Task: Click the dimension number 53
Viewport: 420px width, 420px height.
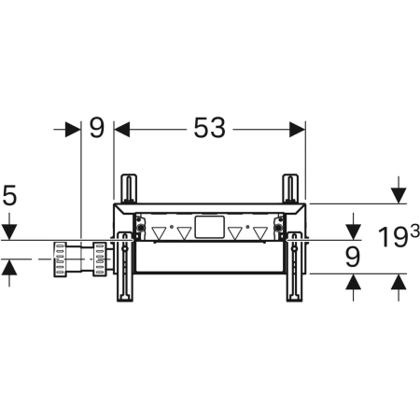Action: (209, 128)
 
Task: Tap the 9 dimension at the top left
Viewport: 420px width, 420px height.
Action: (97, 128)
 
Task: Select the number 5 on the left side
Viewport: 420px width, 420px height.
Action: (9, 195)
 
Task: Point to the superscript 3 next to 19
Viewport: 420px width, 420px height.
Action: (415, 231)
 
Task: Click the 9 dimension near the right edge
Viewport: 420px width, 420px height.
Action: (353, 257)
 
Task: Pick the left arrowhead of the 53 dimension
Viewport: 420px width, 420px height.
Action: (122, 129)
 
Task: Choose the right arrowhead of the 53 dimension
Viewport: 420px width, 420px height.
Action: (297, 129)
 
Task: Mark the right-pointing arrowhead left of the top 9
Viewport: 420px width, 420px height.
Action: (73, 129)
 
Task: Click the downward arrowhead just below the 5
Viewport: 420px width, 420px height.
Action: (9, 232)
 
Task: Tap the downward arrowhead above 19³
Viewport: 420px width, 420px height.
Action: (399, 196)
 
